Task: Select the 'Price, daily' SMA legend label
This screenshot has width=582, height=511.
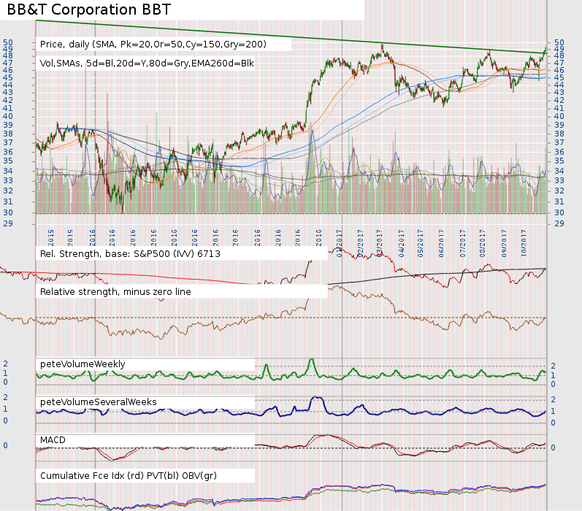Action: (x=153, y=45)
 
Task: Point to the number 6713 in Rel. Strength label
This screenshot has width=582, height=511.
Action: (x=207, y=254)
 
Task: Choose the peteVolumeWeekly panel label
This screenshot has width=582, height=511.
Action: (x=83, y=364)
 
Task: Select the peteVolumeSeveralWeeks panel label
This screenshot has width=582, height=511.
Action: (x=99, y=401)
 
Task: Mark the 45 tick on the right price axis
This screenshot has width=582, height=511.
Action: (x=559, y=77)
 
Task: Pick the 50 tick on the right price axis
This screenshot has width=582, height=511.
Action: (x=559, y=42)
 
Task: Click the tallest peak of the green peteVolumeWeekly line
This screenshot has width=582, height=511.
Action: (x=312, y=359)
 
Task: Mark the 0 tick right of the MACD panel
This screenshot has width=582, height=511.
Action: (x=552, y=447)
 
